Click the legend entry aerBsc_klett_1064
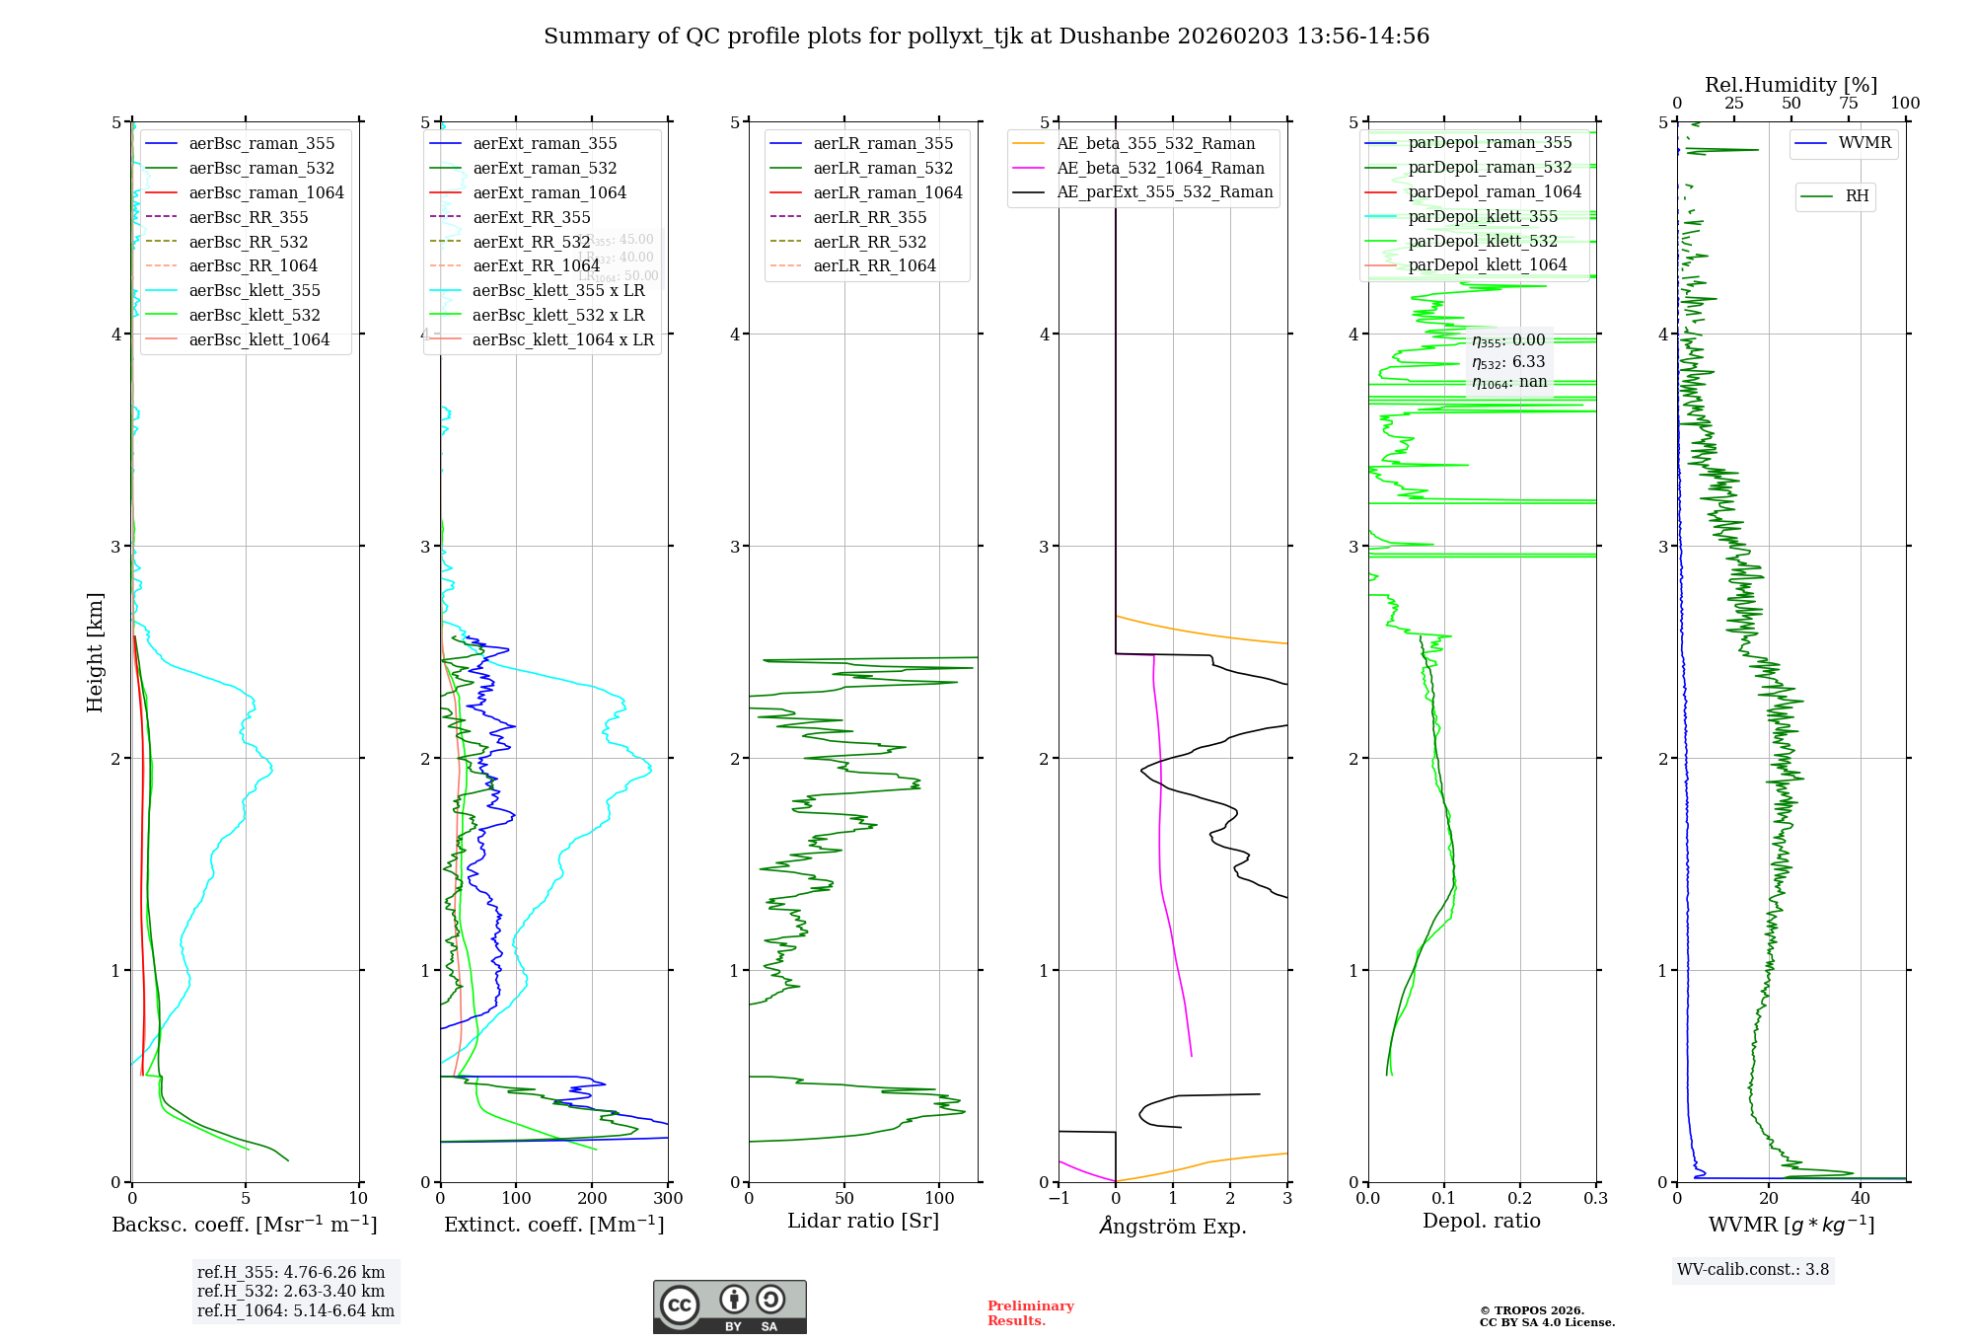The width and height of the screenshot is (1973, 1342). tap(258, 339)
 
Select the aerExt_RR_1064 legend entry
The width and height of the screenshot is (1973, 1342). tap(536, 265)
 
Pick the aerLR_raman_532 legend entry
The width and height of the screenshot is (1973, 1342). tap(883, 168)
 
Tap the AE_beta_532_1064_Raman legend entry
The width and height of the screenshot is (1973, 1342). tap(1160, 168)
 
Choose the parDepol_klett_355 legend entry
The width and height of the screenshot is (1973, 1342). tap(1483, 216)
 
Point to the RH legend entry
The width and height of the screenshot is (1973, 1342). tap(1857, 196)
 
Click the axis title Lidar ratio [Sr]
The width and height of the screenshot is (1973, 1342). tap(863, 1221)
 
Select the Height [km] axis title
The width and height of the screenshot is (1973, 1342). tap(95, 652)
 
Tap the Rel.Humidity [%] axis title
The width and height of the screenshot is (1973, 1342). tap(1790, 85)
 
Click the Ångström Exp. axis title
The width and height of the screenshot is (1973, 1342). tap(1173, 1226)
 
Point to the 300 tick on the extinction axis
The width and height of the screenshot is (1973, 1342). tap(668, 1199)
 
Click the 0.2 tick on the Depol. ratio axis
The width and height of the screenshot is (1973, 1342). tap(1520, 1199)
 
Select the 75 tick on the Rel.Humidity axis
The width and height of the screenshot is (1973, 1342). tap(1848, 104)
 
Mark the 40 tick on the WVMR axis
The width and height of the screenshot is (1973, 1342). tap(1861, 1199)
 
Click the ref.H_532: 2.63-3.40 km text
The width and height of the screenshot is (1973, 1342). tap(291, 1292)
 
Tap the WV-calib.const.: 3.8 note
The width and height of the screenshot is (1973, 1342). tap(1753, 1270)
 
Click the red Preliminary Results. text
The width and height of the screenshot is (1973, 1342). tap(1030, 1313)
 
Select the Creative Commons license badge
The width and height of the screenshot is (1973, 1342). tap(729, 1307)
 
